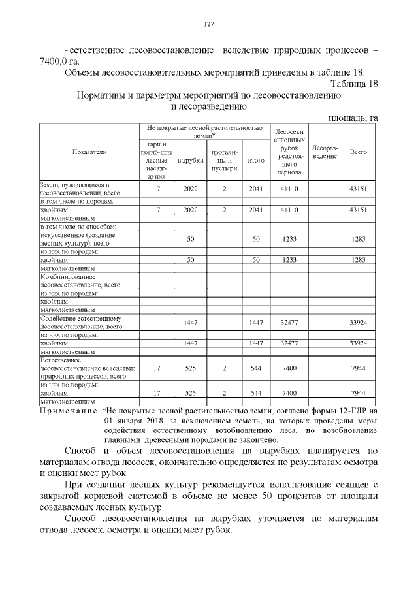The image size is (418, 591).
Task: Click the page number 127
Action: click(x=209, y=24)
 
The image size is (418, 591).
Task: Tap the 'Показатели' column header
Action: click(x=89, y=152)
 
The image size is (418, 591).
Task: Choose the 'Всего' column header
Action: click(x=358, y=152)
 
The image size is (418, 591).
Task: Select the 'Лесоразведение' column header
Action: click(x=324, y=152)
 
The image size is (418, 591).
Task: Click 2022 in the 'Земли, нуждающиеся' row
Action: click(x=191, y=189)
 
